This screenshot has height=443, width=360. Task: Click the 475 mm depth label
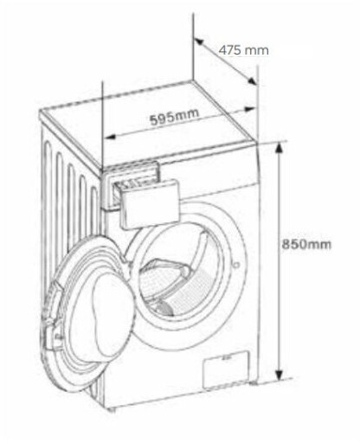pyautogui.click(x=243, y=50)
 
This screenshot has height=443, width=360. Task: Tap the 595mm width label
pyautogui.click(x=175, y=116)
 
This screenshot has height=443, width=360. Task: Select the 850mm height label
pyautogui.click(x=306, y=245)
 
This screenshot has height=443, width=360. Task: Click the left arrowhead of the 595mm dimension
pyautogui.click(x=109, y=137)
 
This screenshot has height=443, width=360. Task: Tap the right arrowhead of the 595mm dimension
pyautogui.click(x=250, y=109)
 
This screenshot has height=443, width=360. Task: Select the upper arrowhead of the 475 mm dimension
pyautogui.click(x=199, y=42)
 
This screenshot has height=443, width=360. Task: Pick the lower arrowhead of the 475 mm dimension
pyautogui.click(x=252, y=80)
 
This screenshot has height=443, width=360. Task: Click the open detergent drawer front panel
pyautogui.click(x=150, y=203)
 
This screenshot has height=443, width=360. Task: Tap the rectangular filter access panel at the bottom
pyautogui.click(x=226, y=369)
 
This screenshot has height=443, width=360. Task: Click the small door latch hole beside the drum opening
pyautogui.click(x=236, y=264)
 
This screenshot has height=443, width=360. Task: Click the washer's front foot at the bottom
pyautogui.click(x=112, y=409)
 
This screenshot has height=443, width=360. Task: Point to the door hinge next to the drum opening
pyautogui.click(x=126, y=260)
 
